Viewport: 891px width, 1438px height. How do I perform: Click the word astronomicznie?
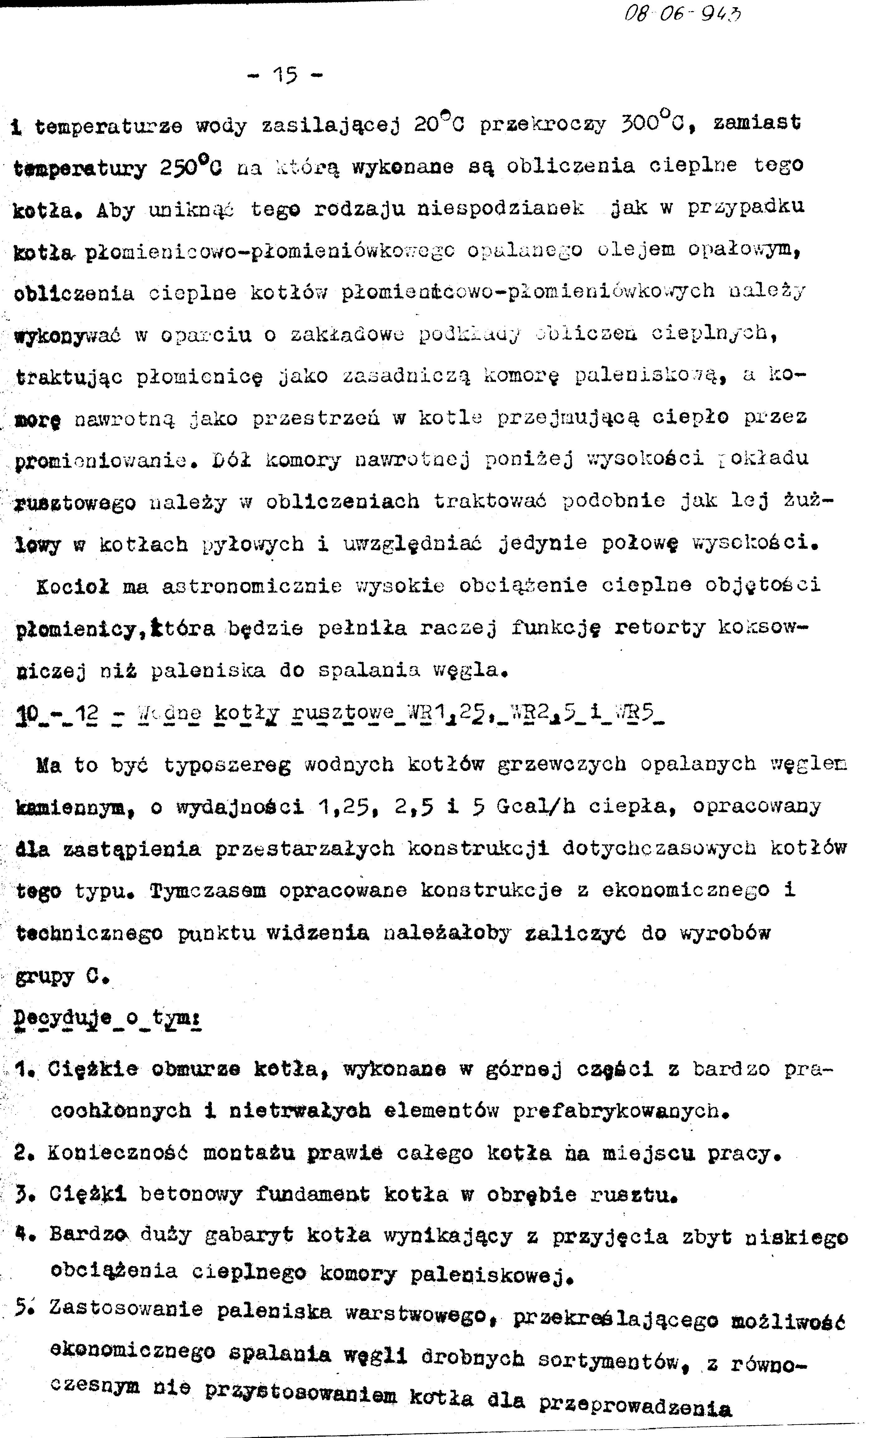(x=252, y=586)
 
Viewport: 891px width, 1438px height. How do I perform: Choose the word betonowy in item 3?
(x=190, y=1195)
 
